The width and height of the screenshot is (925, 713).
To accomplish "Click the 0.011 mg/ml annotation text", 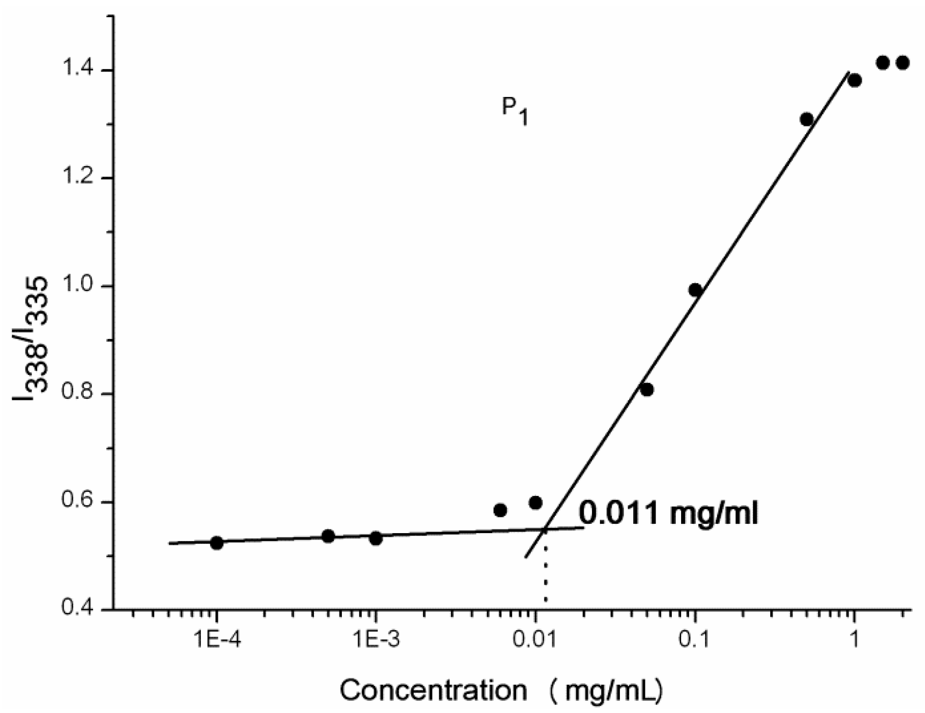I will tap(668, 514).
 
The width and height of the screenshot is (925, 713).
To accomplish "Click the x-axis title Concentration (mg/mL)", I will tap(501, 690).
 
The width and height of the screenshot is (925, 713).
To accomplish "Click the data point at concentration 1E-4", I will tap(216, 543).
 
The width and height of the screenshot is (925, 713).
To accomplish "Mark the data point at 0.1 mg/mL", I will tap(695, 290).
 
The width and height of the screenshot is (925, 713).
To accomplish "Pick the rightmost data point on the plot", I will tap(903, 63).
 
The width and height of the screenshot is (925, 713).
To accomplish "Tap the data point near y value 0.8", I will tap(647, 390).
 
